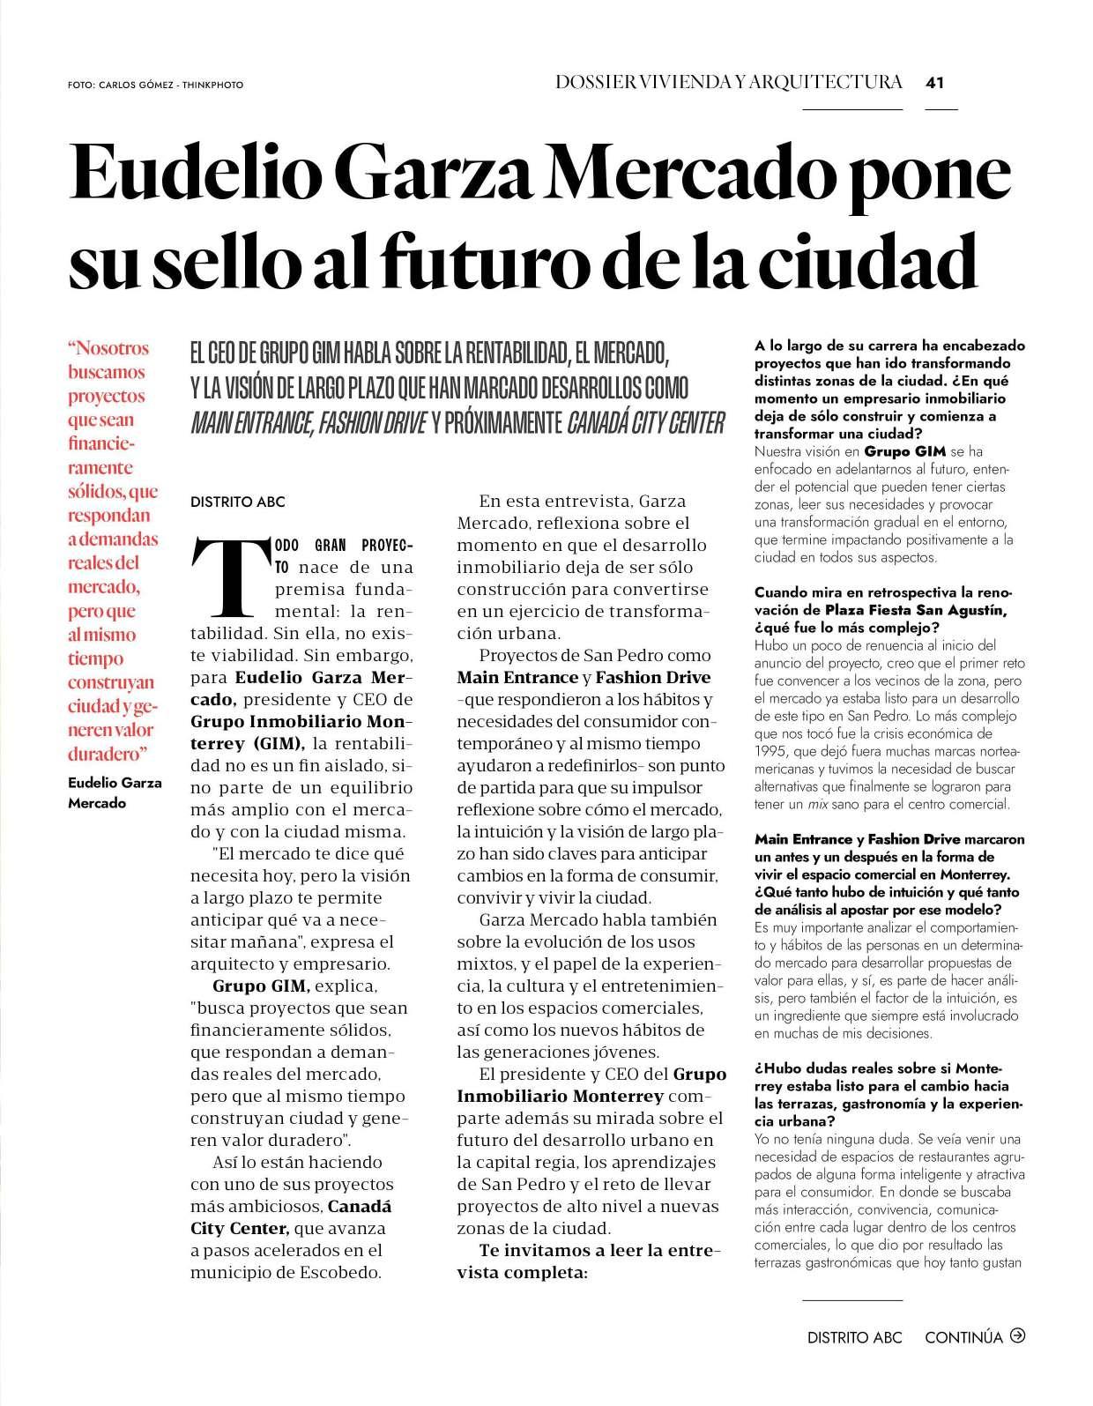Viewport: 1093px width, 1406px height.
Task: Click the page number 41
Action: coord(935,83)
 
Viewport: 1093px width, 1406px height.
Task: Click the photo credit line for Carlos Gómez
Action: coord(155,86)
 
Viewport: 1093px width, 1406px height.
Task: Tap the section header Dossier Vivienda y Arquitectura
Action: coord(729,82)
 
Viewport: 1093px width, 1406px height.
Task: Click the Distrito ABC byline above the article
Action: coord(238,502)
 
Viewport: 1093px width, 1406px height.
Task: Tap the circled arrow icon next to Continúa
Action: coord(1018,1335)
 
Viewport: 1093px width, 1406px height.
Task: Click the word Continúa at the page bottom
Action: coord(963,1336)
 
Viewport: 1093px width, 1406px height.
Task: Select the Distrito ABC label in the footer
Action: coord(854,1336)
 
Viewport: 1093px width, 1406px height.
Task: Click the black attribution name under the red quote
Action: coord(115,792)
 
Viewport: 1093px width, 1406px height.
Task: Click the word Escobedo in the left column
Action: coord(338,1272)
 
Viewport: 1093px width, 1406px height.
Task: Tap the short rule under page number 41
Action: coord(941,109)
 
